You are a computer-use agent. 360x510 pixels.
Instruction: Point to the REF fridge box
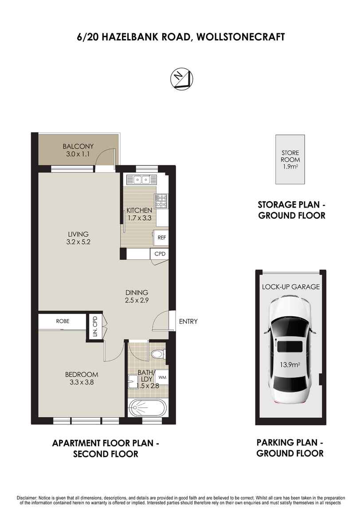coord(161,238)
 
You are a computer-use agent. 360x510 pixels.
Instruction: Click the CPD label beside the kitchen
coord(160,254)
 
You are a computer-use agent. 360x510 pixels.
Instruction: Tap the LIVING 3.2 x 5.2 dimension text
coord(79,242)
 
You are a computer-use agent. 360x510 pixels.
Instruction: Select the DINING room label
coord(137,293)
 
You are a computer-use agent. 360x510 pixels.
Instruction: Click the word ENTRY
coord(188,322)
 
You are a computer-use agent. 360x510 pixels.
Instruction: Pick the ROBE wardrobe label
coord(63,321)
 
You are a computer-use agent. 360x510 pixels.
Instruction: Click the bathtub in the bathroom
coord(148,408)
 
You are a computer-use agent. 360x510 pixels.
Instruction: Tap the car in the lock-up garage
coord(290,349)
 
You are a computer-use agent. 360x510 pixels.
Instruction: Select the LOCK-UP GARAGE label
coord(290,287)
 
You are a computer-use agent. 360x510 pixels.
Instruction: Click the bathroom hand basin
coord(133,380)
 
